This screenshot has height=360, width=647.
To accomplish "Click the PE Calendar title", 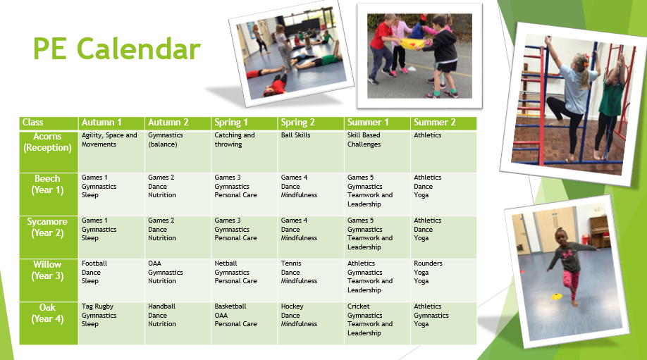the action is click(x=117, y=49).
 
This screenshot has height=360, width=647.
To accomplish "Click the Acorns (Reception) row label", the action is click(x=47, y=142).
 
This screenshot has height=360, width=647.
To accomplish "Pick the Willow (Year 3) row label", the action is click(x=47, y=270).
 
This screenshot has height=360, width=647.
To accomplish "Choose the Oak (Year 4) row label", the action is click(x=47, y=313).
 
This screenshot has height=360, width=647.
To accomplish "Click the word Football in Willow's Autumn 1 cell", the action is click(x=94, y=263).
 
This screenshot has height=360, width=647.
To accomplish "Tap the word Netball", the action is click(x=226, y=263).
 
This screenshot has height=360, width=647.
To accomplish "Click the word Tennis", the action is click(x=291, y=263).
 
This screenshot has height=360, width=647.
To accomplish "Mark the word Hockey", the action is click(x=292, y=306).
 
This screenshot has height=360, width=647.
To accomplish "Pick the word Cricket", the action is click(x=359, y=306).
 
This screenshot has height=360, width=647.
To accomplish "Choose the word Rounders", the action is click(x=428, y=263).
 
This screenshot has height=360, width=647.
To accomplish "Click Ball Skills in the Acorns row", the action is click(x=295, y=135).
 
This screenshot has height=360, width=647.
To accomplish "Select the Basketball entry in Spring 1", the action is click(x=230, y=306).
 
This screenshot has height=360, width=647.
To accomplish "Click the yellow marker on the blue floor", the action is click(x=557, y=296).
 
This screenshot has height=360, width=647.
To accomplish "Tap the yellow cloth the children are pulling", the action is click(x=414, y=42).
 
